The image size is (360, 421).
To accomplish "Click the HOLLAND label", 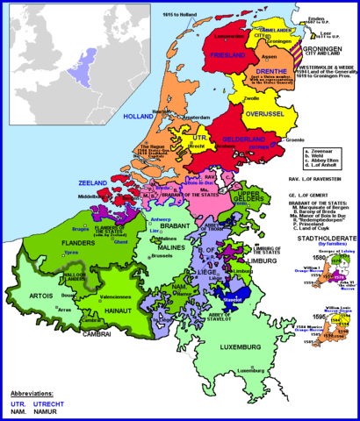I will pos(139,116).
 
